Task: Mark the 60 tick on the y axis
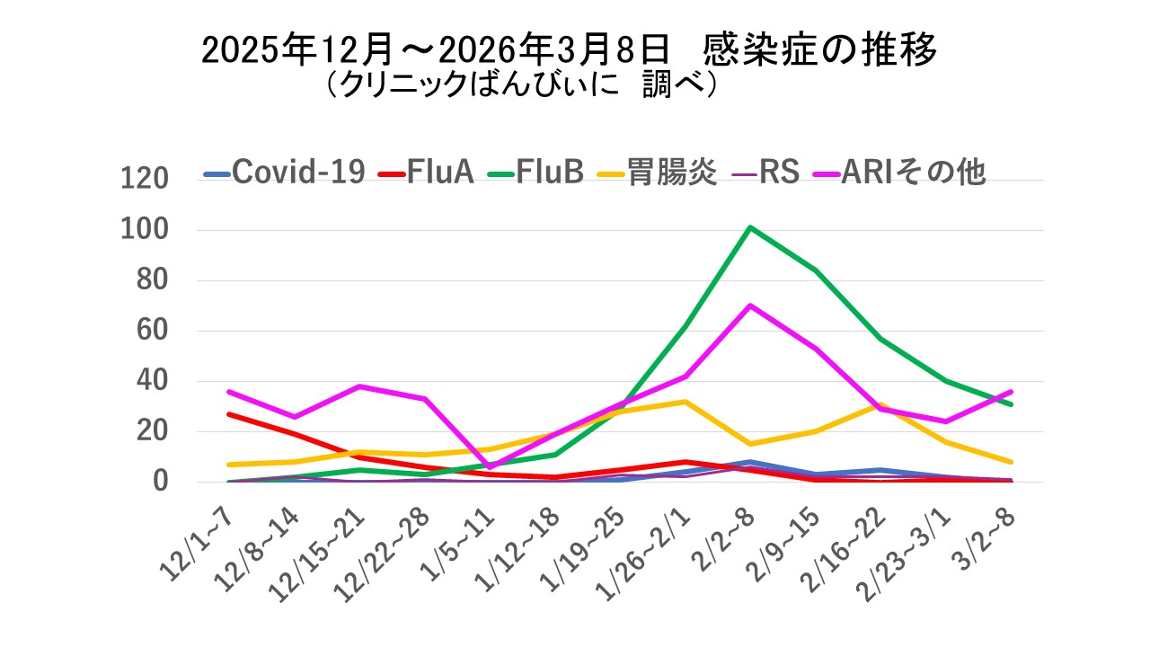click(x=151, y=331)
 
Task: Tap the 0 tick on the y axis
click(x=160, y=482)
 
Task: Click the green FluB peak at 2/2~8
click(x=749, y=227)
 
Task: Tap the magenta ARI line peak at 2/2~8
click(x=749, y=306)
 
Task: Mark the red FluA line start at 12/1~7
click(x=230, y=414)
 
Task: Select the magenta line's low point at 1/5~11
click(x=490, y=466)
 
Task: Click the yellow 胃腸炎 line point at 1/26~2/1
click(x=685, y=402)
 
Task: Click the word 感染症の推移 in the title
click(x=821, y=50)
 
